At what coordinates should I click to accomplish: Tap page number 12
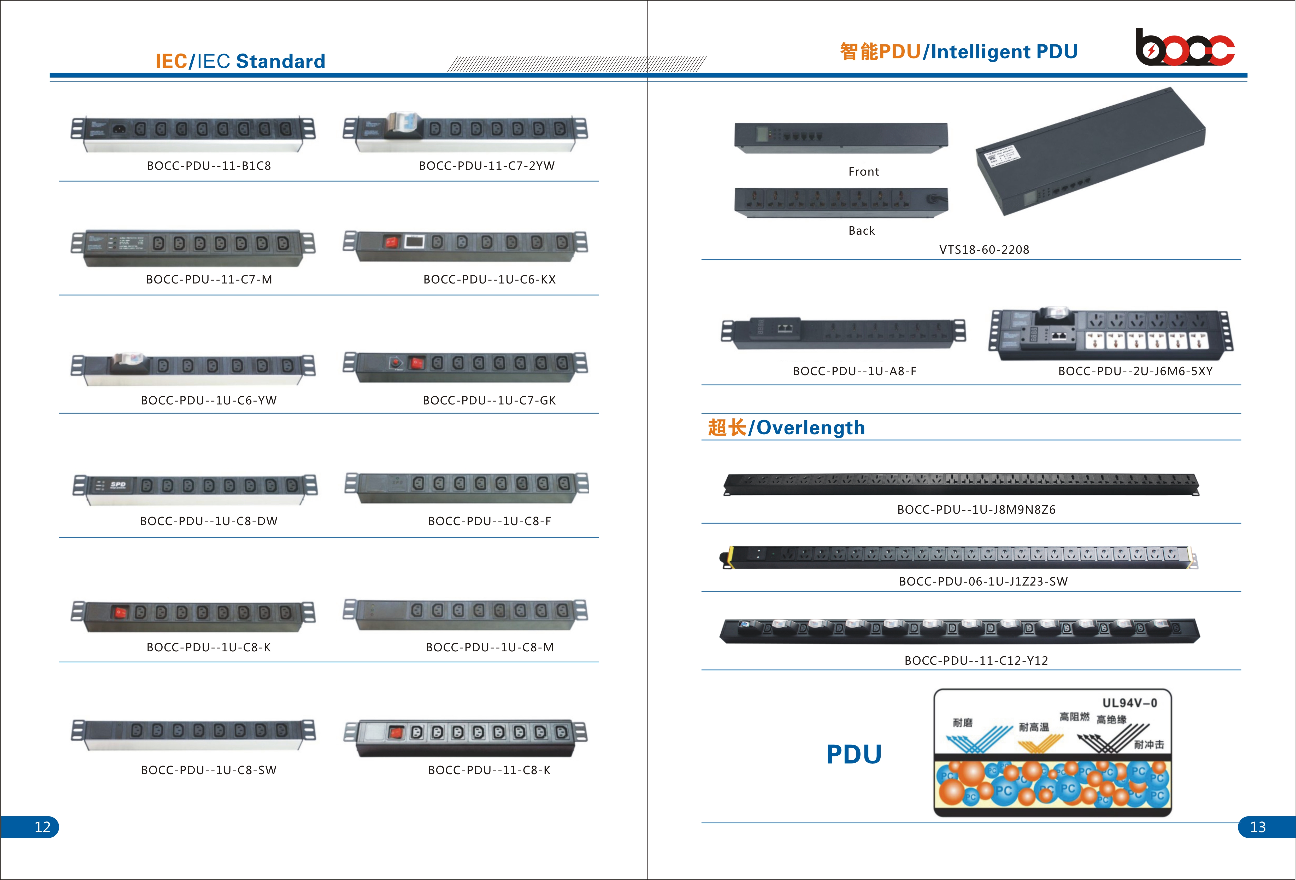(x=42, y=826)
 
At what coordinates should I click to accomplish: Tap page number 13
(x=1258, y=826)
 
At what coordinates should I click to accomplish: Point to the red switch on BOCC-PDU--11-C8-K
(x=396, y=732)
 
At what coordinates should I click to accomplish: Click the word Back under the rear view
(x=862, y=230)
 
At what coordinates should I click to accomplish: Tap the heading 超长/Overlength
(x=786, y=427)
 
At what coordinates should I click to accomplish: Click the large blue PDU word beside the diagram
(x=854, y=754)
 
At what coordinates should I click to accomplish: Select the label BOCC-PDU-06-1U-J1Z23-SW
(x=983, y=581)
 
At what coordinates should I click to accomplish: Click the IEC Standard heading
(x=240, y=61)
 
